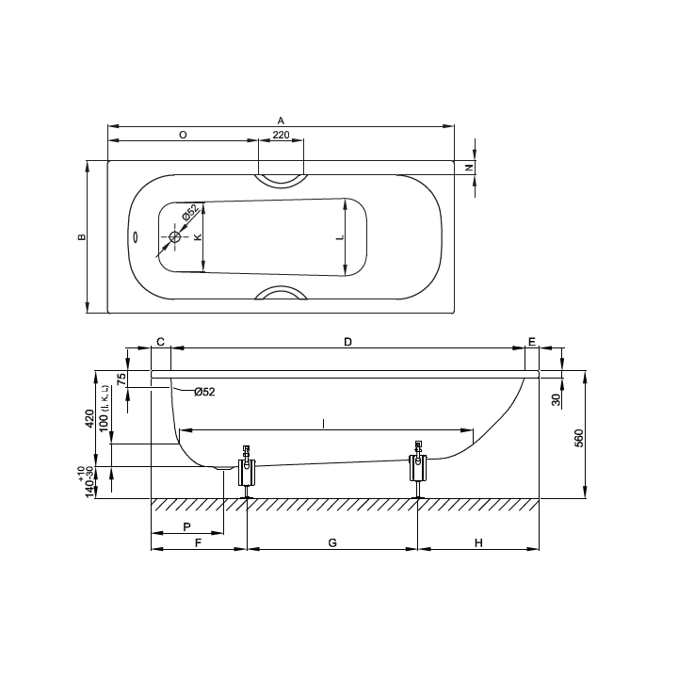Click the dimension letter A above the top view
(281, 121)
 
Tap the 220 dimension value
(281, 135)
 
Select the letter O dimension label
(183, 135)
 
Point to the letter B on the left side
(82, 237)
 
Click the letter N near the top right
(470, 168)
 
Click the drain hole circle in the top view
(175, 237)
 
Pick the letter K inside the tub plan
(198, 237)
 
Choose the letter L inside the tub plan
(340, 237)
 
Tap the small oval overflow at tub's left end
(135, 237)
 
